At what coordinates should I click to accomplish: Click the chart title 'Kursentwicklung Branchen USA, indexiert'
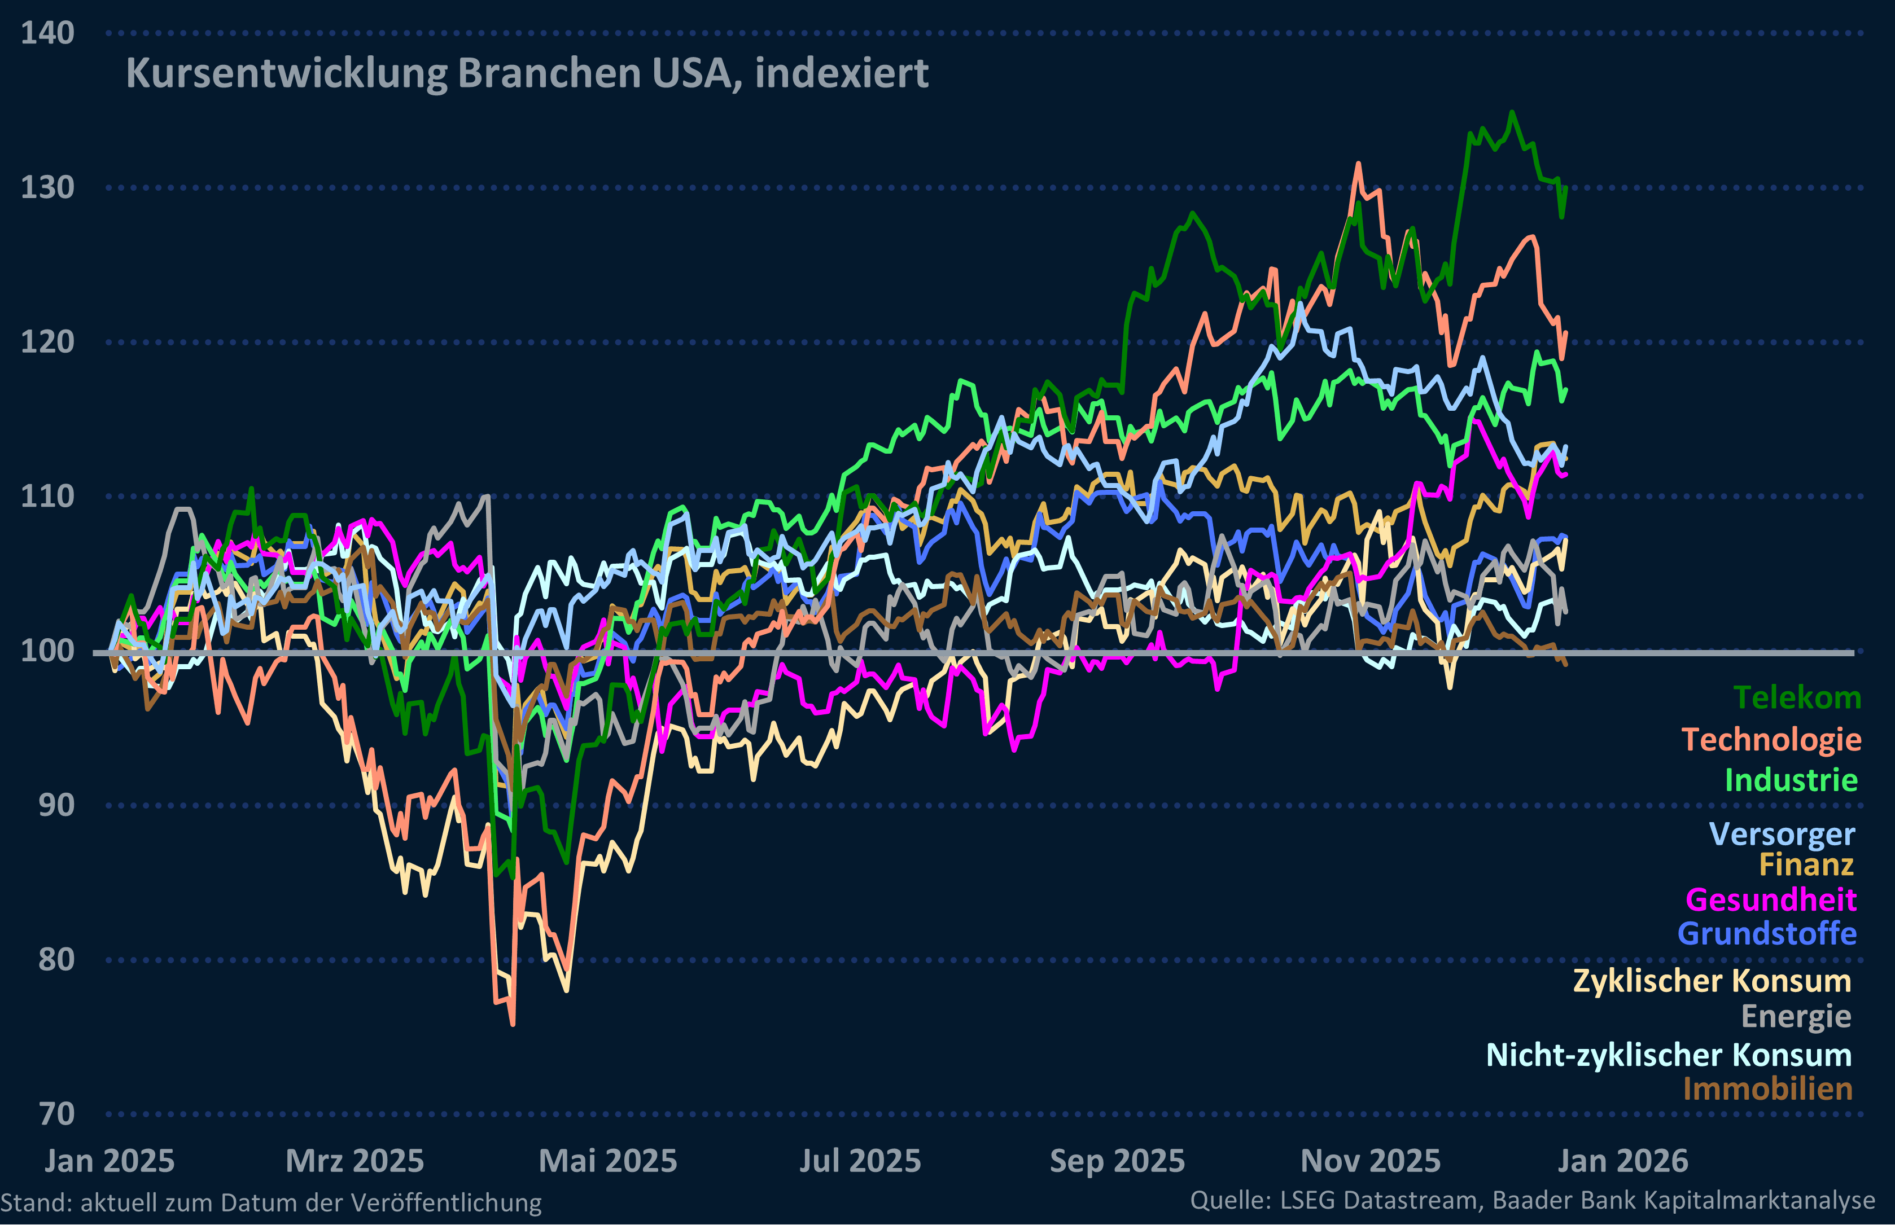527,74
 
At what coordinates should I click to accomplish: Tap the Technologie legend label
1771,740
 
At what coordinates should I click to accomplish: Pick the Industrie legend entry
1791,780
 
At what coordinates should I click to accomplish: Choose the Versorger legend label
1782,835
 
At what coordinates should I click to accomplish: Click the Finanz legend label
1806,864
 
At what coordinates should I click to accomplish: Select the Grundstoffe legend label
1767,934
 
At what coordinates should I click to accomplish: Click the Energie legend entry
1796,1017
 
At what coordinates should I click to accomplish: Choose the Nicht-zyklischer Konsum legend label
1668,1056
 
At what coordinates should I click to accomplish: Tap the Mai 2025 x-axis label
608,1161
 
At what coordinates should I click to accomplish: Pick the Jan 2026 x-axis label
1623,1161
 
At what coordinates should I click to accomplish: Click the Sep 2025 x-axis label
1117,1161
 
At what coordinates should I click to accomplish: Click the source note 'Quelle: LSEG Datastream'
1532,1200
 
